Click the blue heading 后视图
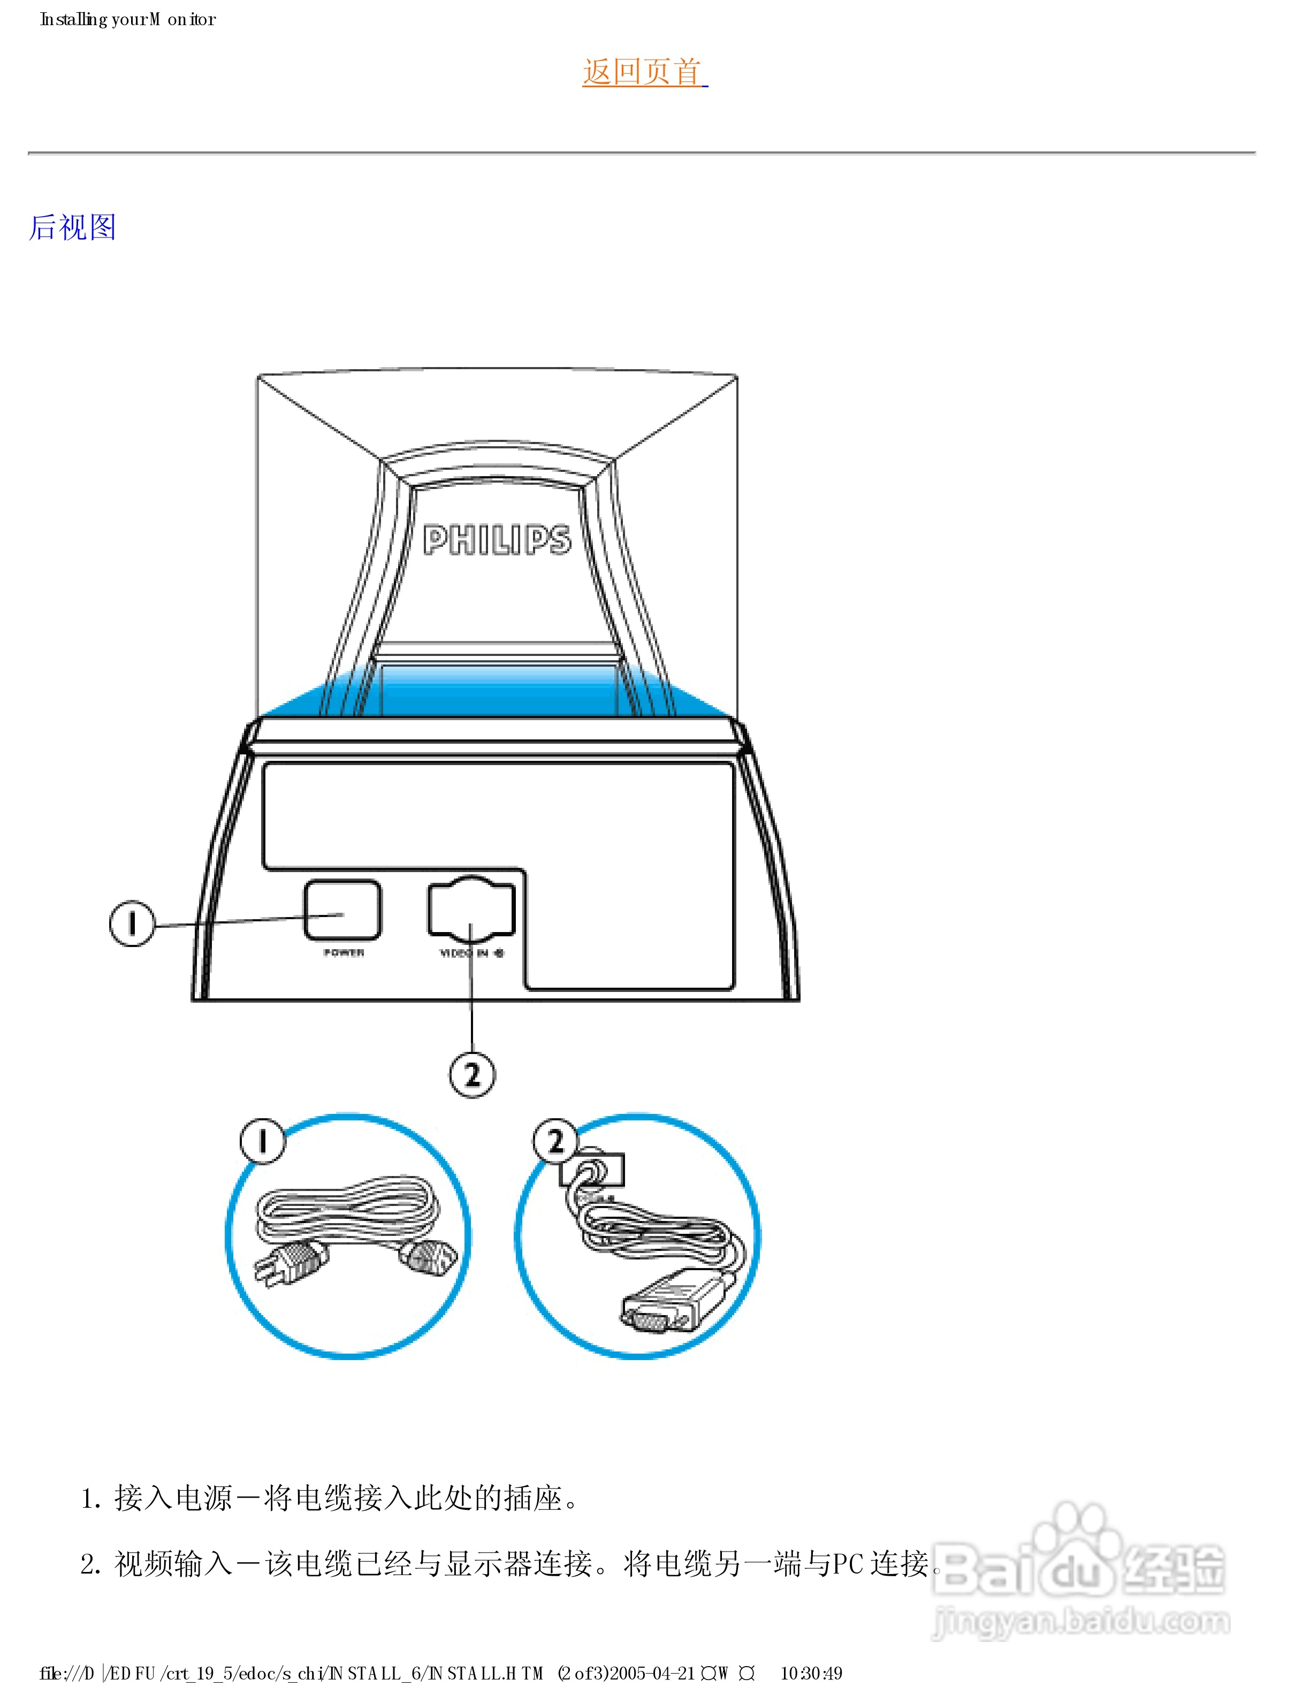coord(72,227)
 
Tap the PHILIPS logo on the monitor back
coord(497,539)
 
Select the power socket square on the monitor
coord(342,910)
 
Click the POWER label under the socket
coord(344,953)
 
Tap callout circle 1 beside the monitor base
coord(132,923)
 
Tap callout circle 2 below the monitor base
coord(472,1075)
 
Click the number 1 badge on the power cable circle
coord(262,1141)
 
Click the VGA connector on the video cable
coord(660,1311)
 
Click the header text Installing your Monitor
coord(128,19)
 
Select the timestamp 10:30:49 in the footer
coord(811,1673)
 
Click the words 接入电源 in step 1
coord(173,1498)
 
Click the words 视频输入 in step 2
coord(173,1564)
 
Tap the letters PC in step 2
coord(848,1564)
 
